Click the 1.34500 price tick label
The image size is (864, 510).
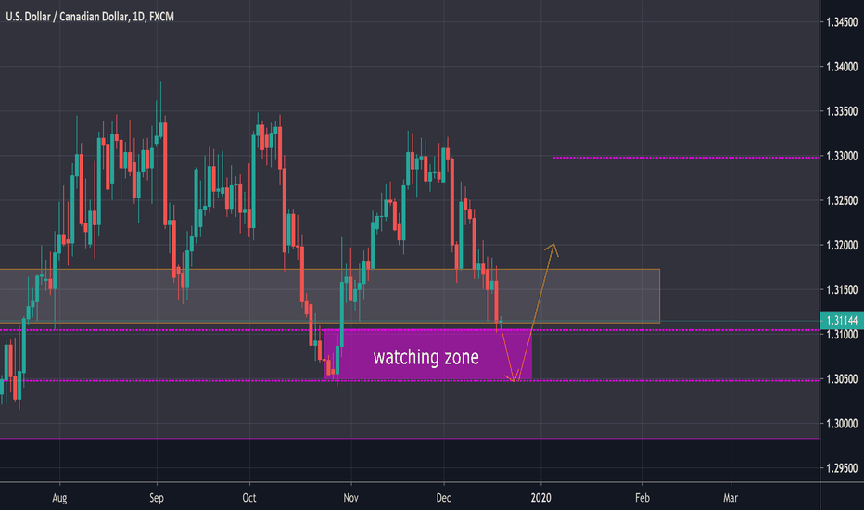click(x=840, y=22)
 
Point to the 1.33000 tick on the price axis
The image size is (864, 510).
click(x=840, y=157)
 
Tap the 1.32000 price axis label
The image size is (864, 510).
click(x=840, y=246)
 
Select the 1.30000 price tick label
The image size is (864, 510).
click(x=840, y=424)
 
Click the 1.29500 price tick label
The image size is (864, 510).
click(x=840, y=468)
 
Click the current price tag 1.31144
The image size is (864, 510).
click(x=840, y=321)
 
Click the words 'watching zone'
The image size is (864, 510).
click(x=426, y=357)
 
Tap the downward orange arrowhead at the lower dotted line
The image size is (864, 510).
click(x=514, y=378)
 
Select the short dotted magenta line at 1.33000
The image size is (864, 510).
click(x=685, y=158)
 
